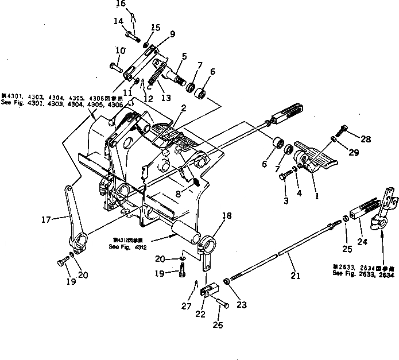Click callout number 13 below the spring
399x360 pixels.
pyautogui.click(x=166, y=98)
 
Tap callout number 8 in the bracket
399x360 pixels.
pyautogui.click(x=179, y=194)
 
